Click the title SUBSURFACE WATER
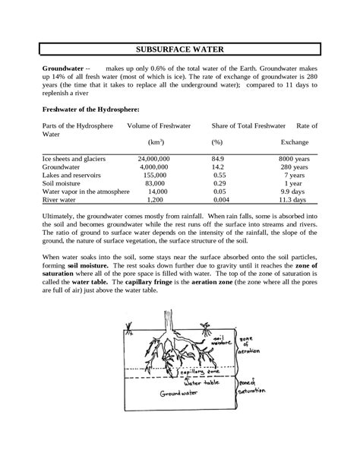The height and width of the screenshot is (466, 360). pyautogui.click(x=179, y=47)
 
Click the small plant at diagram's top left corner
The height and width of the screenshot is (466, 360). pyautogui.click(x=129, y=331)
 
